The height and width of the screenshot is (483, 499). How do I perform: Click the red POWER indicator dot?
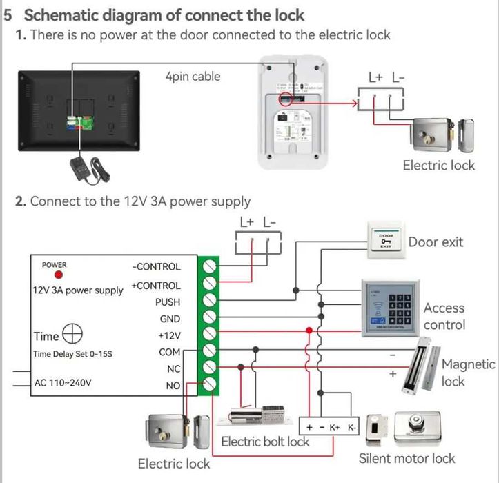55,275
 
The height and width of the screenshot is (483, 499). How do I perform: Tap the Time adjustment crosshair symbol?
72,335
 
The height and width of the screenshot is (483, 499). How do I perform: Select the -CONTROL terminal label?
157,266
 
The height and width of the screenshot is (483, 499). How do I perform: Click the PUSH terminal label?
168,302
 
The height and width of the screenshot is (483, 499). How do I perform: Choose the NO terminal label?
173,386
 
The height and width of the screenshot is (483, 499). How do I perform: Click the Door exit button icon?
385,241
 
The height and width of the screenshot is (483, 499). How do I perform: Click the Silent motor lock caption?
407,458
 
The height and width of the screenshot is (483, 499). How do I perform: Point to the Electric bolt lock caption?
265,442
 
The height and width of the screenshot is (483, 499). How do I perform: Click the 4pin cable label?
193,77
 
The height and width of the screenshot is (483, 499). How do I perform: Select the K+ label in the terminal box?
335,428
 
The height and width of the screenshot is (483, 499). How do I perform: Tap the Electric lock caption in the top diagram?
439,165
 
